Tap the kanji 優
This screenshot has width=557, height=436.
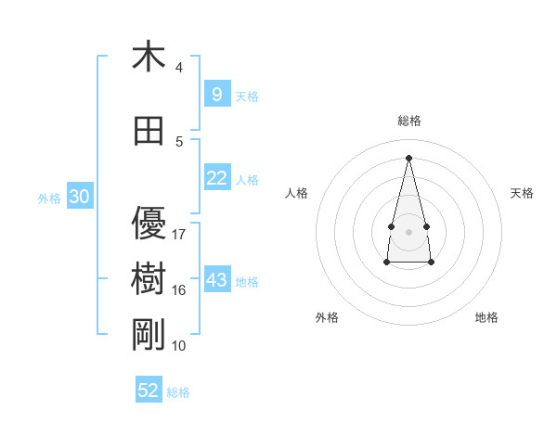[149, 224]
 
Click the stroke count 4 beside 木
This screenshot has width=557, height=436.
[179, 68]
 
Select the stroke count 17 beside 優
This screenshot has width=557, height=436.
[179, 234]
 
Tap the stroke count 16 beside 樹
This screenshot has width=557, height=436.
[179, 289]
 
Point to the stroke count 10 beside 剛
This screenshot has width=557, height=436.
[179, 345]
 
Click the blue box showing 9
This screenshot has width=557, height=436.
[216, 95]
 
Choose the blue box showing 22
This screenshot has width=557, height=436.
[216, 178]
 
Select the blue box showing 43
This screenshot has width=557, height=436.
[216, 280]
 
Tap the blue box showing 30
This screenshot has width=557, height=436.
[79, 197]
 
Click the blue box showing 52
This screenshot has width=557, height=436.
[149, 391]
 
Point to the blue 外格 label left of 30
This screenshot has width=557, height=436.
[49, 198]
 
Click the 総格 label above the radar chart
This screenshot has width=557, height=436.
[408, 121]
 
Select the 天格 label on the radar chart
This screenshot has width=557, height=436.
[522, 193]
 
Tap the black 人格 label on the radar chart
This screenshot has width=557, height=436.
[296, 193]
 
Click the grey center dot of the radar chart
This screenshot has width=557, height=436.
[408, 231]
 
